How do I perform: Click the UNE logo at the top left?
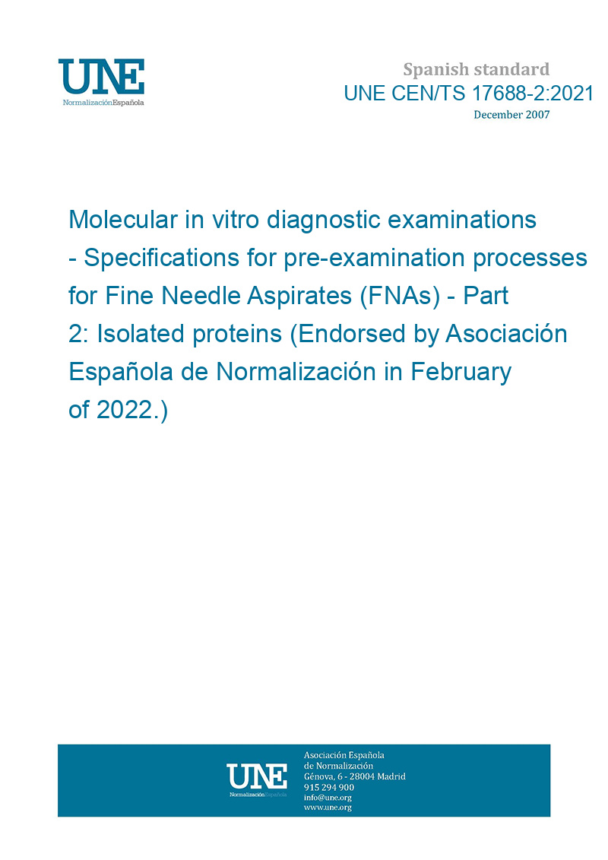tap(101, 81)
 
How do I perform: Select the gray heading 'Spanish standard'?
tap(476, 70)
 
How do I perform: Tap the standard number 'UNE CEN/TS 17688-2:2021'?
tap(468, 94)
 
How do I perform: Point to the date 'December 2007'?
tap(511, 115)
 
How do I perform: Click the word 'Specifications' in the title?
tap(162, 258)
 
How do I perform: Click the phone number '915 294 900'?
tap(329, 787)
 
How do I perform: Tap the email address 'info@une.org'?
tap(328, 798)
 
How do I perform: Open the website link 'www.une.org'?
tap(328, 808)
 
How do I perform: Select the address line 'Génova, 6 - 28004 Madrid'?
tap(355, 776)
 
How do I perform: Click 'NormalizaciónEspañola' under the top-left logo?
tap(103, 103)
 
